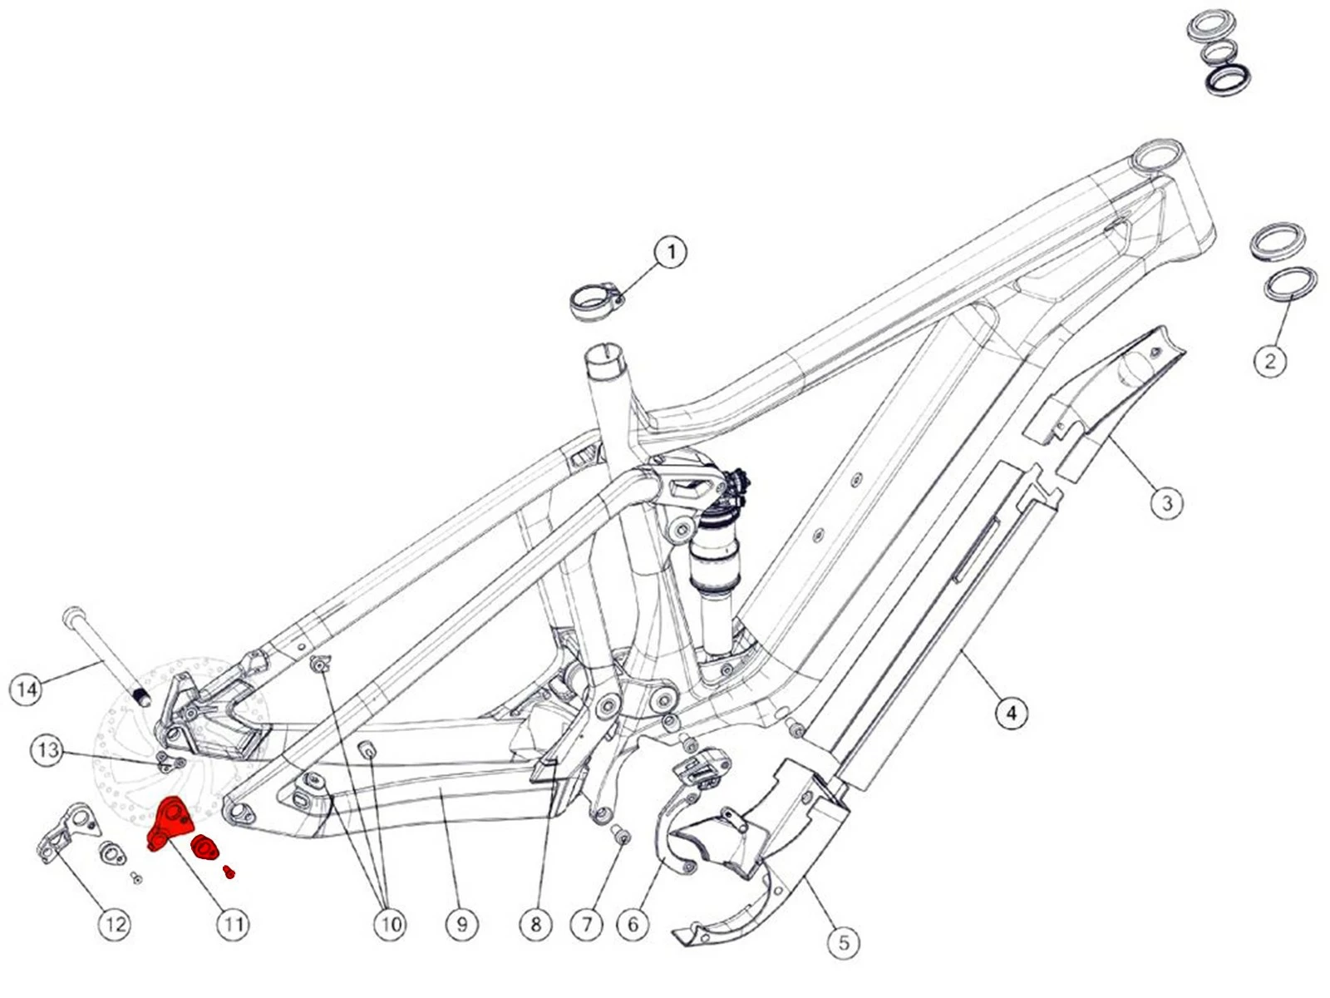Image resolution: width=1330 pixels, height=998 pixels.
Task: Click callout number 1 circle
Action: (x=671, y=252)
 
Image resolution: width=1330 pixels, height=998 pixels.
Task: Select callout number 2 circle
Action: (x=1269, y=361)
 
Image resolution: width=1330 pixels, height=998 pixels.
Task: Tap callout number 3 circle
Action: (x=1167, y=503)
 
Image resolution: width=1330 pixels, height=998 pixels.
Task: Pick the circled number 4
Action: (x=1011, y=713)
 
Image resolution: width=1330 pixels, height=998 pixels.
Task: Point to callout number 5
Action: (x=845, y=942)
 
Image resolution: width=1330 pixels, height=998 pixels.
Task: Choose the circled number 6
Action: (x=633, y=924)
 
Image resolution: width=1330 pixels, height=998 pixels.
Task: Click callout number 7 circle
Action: (x=587, y=924)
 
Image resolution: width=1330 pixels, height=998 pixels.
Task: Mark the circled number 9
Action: (x=462, y=924)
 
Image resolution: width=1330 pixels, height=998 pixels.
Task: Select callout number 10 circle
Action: (x=391, y=924)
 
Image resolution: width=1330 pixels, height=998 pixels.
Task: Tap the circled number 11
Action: (x=233, y=924)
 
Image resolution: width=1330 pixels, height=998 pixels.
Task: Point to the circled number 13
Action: (x=47, y=750)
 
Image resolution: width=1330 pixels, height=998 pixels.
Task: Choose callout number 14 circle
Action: (x=27, y=689)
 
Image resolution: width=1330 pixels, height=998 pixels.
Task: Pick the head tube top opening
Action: (x=1158, y=156)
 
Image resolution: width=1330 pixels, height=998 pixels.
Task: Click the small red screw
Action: (x=229, y=871)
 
